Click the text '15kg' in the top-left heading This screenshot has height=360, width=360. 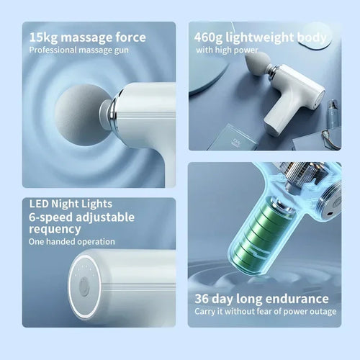tap(45, 37)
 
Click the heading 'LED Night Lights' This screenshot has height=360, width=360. tap(71, 204)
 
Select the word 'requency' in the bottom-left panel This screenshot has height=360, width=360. tap(55, 228)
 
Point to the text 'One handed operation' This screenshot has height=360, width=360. tap(71, 242)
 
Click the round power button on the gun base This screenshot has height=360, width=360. tap(84, 287)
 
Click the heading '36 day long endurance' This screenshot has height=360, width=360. tap(261, 298)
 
